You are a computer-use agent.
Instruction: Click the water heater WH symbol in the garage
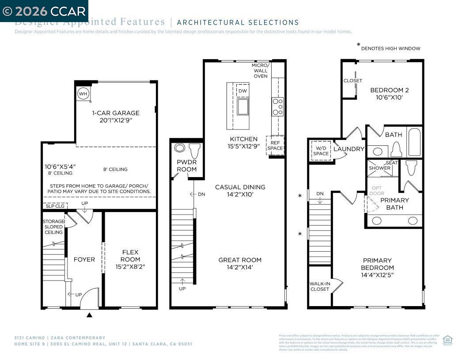point(83,94)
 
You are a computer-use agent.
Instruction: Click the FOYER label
point(84,259)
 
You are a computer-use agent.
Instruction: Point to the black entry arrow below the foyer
point(90,315)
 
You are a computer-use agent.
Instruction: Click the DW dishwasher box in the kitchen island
point(242,91)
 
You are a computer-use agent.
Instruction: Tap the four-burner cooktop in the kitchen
point(277,106)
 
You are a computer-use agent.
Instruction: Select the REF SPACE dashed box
point(275,145)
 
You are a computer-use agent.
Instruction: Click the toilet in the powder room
point(194,150)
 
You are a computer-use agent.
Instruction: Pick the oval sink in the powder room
point(180,148)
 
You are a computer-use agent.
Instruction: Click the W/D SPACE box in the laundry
point(321,151)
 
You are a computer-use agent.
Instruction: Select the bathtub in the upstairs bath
point(414,142)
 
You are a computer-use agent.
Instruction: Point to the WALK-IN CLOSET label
point(320,286)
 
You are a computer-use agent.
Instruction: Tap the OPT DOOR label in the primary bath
point(377,191)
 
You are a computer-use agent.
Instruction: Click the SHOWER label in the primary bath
point(379,168)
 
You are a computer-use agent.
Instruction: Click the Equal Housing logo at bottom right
point(447,340)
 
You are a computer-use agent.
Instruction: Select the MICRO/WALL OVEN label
point(260,71)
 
